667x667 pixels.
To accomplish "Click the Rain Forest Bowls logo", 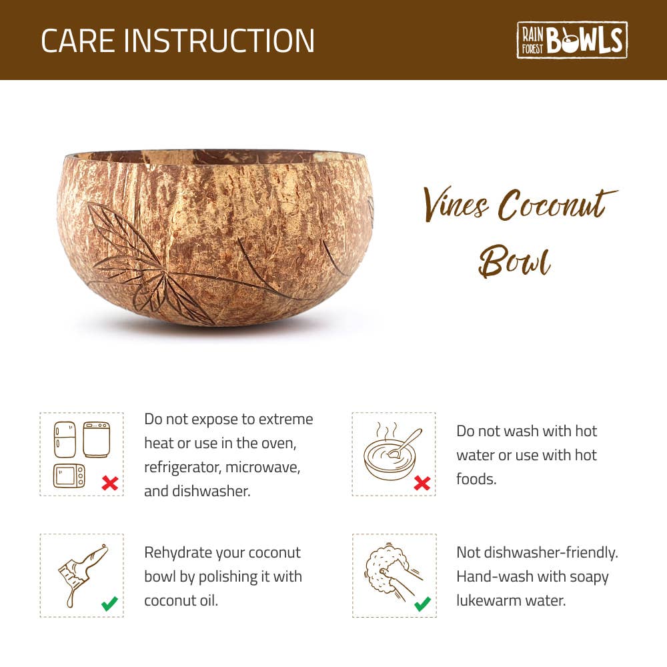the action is [572, 40].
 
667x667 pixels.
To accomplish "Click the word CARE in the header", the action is [78, 41].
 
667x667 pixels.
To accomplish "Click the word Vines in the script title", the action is [455, 205].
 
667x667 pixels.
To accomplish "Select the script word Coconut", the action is [558, 205].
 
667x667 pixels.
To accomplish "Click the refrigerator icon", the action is [65, 440].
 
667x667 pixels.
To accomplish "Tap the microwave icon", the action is [69, 476].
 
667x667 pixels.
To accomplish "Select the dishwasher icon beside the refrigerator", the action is [96, 440].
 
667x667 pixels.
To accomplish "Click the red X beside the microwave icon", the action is [110, 483].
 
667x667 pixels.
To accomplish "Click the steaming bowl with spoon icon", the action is [392, 452].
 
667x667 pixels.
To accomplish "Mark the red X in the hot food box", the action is [422, 483].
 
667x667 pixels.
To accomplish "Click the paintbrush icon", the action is [83, 575].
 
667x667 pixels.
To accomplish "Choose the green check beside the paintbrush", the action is [110, 604].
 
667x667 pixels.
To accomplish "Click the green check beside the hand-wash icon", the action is [422, 604].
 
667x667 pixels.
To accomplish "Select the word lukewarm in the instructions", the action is [488, 601].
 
